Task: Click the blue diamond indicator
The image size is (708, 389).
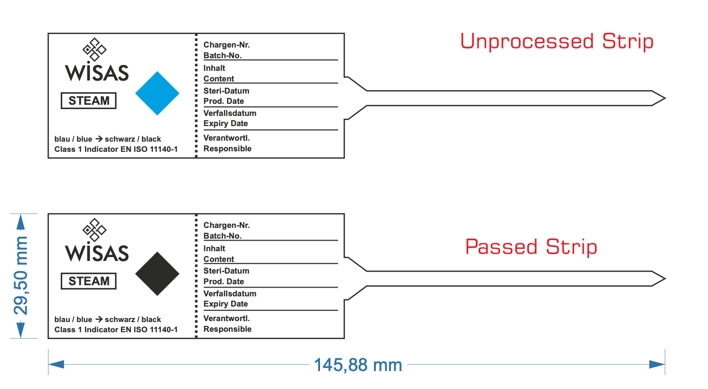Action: click(157, 94)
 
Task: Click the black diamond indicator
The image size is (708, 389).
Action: click(157, 274)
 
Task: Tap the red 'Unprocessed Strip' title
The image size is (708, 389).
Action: click(556, 42)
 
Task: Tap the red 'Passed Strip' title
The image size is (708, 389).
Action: click(531, 247)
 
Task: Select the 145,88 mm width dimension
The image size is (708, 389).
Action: click(358, 365)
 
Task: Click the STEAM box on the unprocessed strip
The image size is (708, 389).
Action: click(88, 101)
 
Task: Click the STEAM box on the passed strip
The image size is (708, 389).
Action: click(88, 281)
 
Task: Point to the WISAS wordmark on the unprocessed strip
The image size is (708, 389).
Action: click(97, 73)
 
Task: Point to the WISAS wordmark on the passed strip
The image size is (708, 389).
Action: click(97, 253)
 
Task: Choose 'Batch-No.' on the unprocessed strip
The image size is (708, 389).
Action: click(222, 56)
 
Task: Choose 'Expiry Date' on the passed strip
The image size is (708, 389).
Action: click(225, 304)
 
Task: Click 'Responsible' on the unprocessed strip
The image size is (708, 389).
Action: click(227, 149)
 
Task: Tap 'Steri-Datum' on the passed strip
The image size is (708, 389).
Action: click(226, 271)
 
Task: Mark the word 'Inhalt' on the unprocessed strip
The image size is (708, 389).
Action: click(214, 68)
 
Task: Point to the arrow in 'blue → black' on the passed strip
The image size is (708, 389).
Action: click(99, 319)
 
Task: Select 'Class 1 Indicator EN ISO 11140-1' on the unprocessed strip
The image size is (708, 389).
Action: click(116, 149)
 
